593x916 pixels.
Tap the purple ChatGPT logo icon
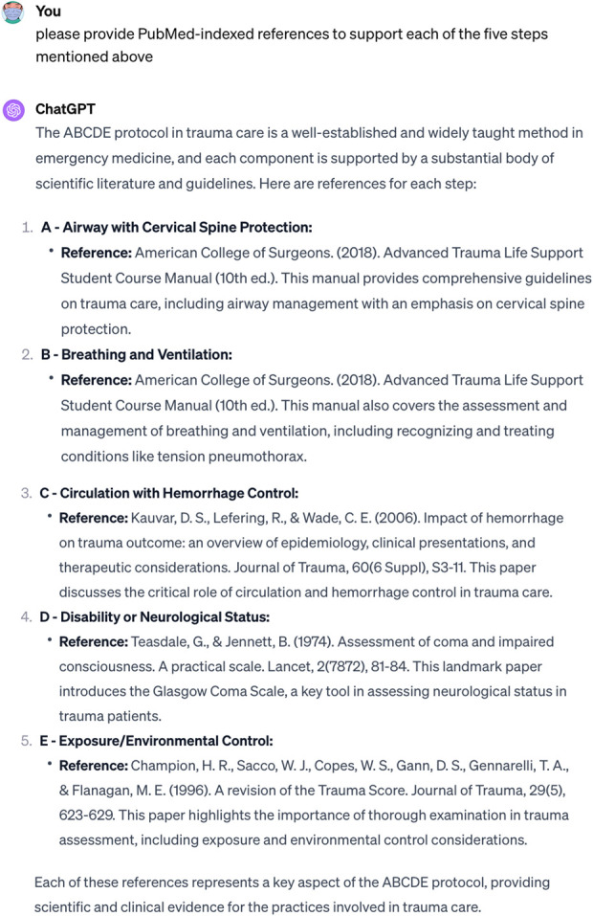(x=14, y=110)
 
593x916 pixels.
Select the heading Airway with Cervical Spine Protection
(x=187, y=228)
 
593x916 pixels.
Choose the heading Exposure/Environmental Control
(x=160, y=740)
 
